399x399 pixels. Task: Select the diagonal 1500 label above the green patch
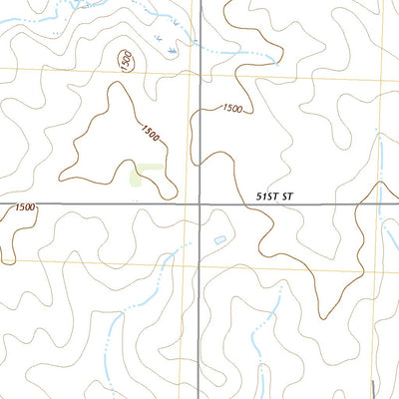149,130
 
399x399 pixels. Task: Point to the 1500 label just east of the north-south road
231,108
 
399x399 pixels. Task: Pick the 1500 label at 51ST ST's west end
25,206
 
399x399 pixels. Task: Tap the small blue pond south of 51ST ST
219,239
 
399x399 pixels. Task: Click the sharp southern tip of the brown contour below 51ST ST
321,317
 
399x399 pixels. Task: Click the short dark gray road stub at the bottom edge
370,390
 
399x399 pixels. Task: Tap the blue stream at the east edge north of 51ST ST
382,165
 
